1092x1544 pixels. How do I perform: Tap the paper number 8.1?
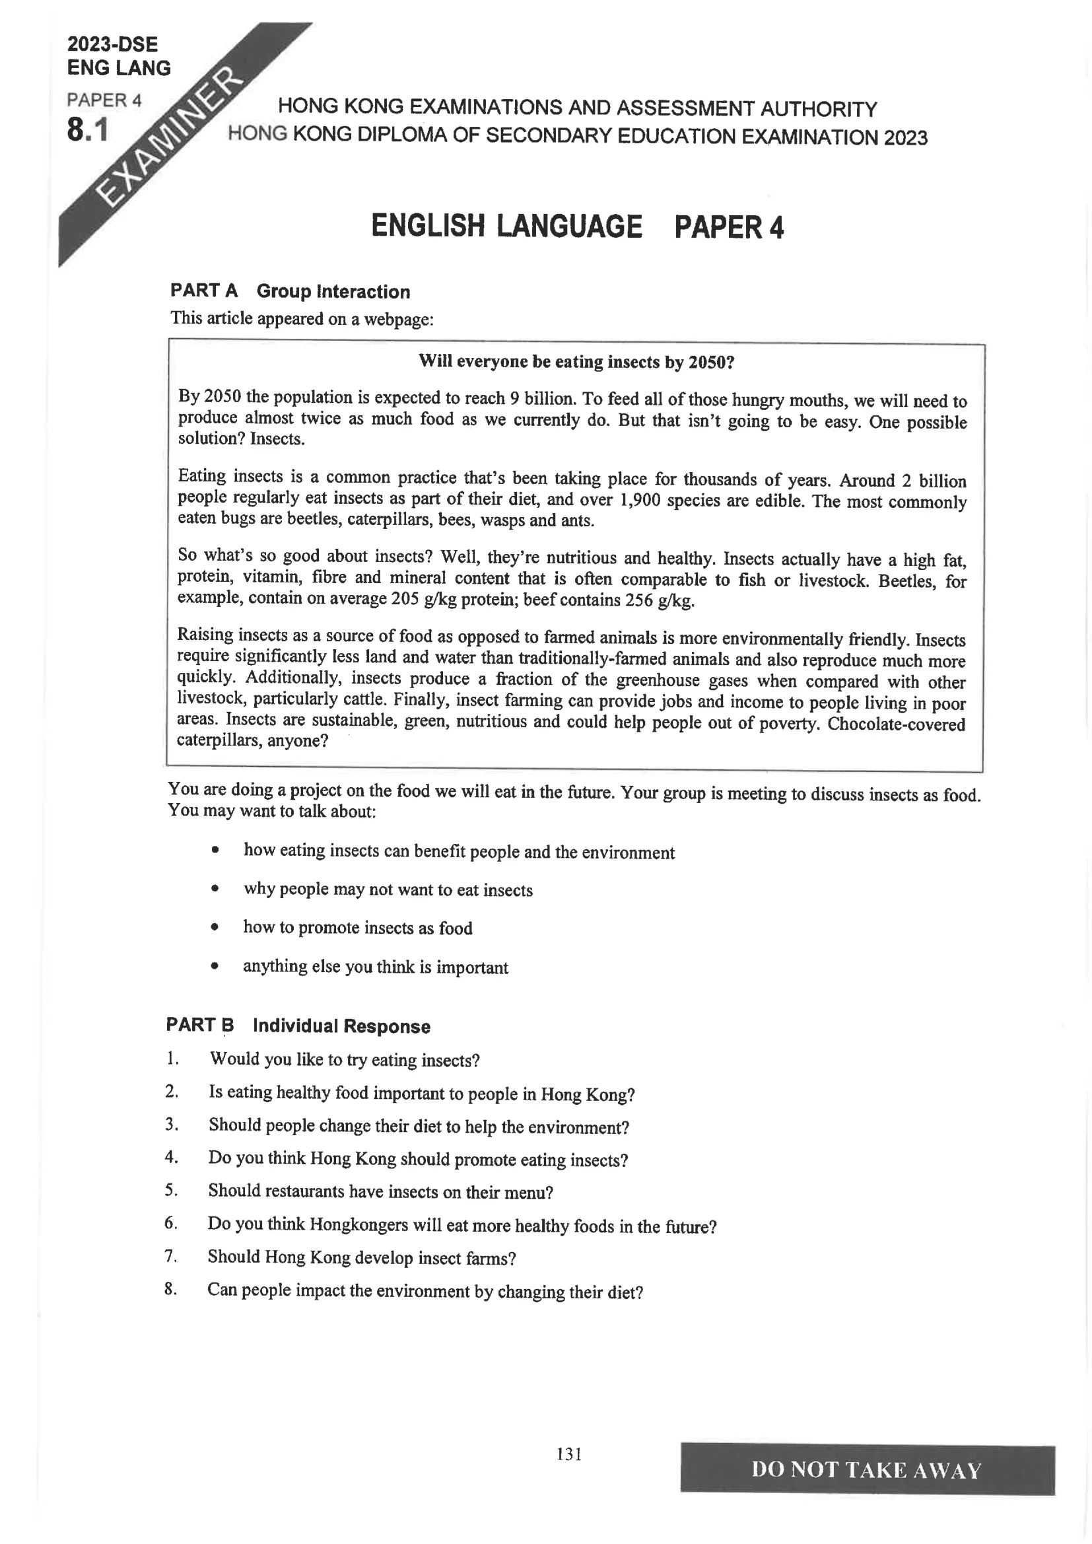point(87,130)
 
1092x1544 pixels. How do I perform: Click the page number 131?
point(569,1454)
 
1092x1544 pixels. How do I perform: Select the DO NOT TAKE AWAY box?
point(867,1470)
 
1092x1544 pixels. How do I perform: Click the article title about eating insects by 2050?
point(576,362)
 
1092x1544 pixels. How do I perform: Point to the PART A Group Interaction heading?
point(290,291)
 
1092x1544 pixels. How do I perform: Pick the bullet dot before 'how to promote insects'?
point(215,927)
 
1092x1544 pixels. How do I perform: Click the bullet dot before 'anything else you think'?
point(215,966)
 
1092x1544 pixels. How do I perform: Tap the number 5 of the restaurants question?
point(171,1189)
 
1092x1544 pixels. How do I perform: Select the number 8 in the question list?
point(170,1288)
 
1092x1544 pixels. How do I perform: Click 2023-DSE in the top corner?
point(112,44)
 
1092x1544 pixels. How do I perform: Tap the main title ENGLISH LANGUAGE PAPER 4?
point(577,227)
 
